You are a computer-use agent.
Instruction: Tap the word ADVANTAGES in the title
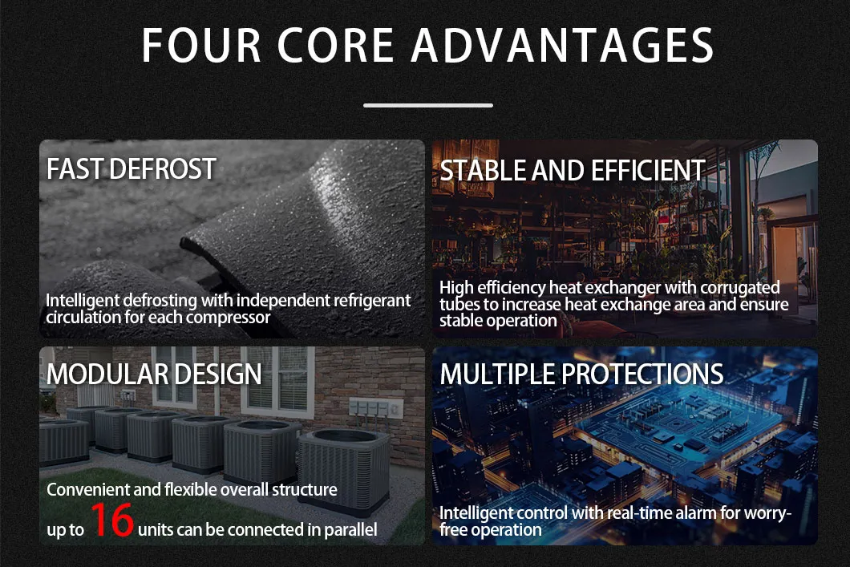click(x=562, y=46)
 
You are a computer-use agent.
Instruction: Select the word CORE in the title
click(x=337, y=46)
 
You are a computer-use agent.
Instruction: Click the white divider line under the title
click(x=427, y=105)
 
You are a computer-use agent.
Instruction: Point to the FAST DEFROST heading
click(x=132, y=169)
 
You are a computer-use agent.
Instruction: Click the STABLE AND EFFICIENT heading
click(x=573, y=170)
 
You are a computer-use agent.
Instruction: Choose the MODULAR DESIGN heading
click(x=154, y=374)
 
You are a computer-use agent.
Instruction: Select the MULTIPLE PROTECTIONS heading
click(x=581, y=374)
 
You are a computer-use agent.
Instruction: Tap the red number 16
click(x=111, y=520)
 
